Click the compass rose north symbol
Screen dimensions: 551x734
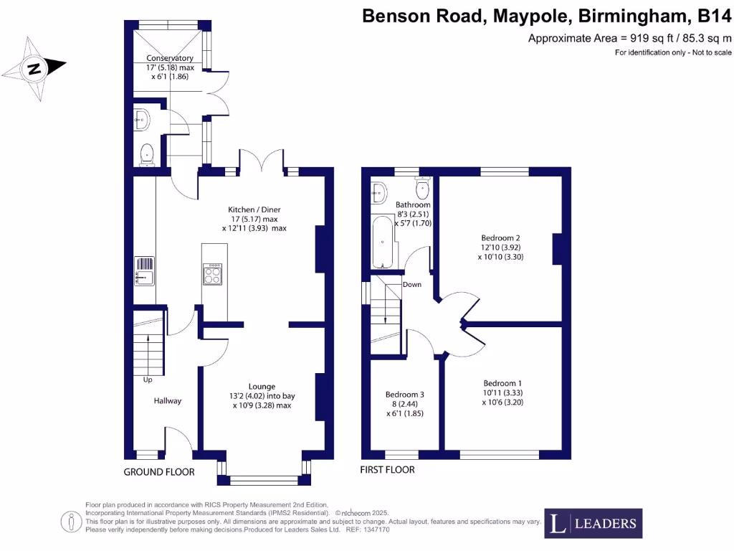pos(34,69)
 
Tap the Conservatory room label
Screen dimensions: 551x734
pos(170,58)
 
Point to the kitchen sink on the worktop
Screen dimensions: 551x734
pos(144,271)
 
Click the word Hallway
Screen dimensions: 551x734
pos(167,401)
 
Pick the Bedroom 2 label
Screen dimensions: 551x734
pos(500,237)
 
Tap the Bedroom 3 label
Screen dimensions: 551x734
pos(405,395)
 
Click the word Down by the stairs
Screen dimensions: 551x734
pos(411,284)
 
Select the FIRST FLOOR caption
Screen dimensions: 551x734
pos(387,470)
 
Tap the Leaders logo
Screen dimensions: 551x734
pos(594,523)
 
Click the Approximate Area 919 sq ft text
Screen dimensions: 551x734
pos(630,38)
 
